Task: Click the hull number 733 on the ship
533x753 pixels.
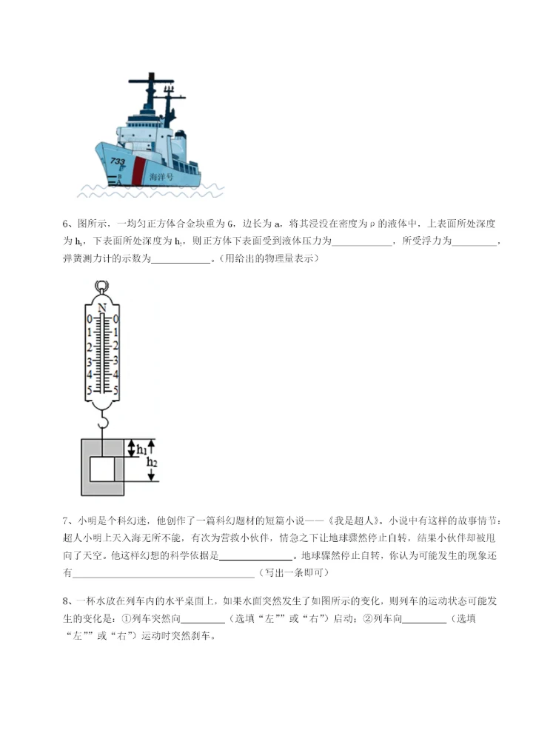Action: (x=118, y=161)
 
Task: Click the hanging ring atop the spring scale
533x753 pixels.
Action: (x=101, y=287)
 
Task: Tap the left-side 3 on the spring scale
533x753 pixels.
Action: (x=89, y=362)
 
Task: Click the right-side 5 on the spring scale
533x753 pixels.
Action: (x=115, y=390)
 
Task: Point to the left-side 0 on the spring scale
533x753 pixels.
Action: (x=89, y=319)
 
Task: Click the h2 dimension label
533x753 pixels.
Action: (x=152, y=463)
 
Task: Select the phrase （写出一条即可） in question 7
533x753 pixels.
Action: (x=292, y=573)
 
